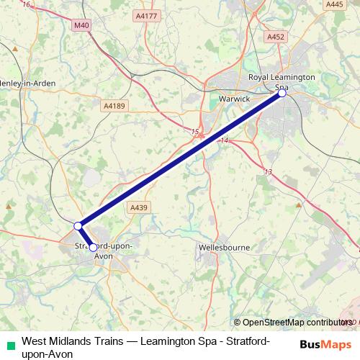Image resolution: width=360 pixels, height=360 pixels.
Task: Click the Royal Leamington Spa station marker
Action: (x=282, y=93)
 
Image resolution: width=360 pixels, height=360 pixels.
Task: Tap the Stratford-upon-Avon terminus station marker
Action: (x=93, y=248)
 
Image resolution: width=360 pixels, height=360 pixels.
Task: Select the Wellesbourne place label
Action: (x=223, y=247)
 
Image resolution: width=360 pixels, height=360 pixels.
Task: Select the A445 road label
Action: (x=334, y=4)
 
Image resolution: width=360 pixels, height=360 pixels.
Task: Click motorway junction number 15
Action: (x=195, y=132)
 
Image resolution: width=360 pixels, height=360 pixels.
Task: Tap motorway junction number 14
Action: (x=225, y=140)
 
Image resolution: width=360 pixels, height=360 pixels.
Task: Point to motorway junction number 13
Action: (x=268, y=171)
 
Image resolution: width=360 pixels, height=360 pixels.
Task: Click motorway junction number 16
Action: (x=27, y=4)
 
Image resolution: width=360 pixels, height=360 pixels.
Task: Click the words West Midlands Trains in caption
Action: (x=68, y=341)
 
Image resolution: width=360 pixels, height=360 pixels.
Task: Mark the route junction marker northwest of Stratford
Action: (x=78, y=226)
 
